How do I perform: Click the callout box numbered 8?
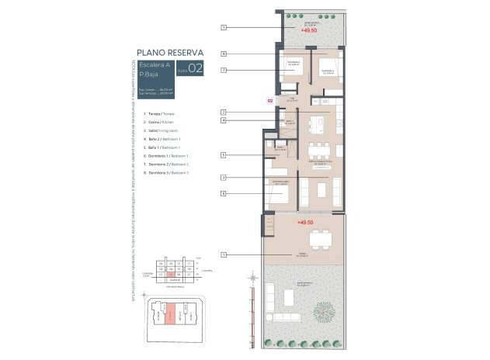(223, 54)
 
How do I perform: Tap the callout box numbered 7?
(223, 71)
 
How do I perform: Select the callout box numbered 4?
(223, 120)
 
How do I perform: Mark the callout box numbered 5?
(223, 155)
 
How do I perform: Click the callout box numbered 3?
(223, 178)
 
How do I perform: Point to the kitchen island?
(319, 123)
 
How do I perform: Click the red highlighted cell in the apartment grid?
(170, 273)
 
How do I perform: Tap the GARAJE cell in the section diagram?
(175, 278)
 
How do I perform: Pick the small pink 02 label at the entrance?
(270, 100)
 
